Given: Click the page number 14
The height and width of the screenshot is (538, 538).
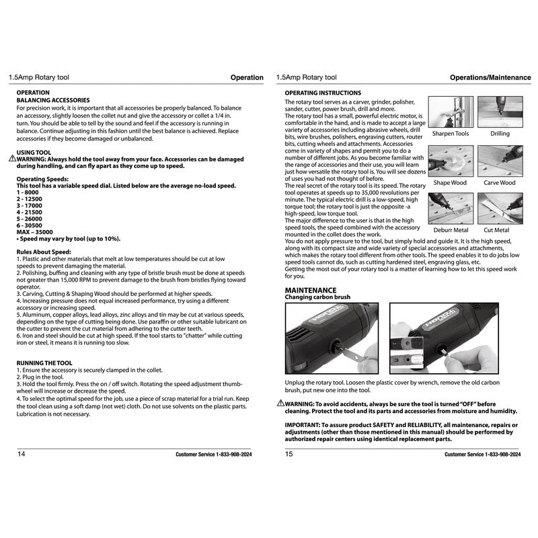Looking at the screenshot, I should (x=22, y=454).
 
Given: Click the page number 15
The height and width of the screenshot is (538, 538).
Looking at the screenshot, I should (x=289, y=454).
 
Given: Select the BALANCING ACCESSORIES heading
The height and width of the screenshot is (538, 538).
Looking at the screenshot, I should (x=53, y=100).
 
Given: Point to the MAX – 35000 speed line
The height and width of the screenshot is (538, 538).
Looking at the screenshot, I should (x=34, y=231).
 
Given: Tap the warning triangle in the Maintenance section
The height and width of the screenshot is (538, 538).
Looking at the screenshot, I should (x=280, y=403).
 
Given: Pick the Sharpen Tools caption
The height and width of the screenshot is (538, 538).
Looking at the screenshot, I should (x=451, y=134).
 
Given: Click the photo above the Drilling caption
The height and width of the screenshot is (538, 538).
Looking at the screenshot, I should (x=500, y=112).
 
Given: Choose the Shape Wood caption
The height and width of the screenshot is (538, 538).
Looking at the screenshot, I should (x=450, y=183).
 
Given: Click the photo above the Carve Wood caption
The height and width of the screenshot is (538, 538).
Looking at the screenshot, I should (x=500, y=161).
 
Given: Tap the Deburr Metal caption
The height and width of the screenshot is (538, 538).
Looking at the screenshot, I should (x=451, y=231).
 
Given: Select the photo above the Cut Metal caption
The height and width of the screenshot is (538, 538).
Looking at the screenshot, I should (x=500, y=209).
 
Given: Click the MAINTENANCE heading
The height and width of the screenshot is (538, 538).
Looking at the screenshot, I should (x=311, y=290).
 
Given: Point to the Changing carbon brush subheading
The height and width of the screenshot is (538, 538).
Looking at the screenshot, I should (x=317, y=297).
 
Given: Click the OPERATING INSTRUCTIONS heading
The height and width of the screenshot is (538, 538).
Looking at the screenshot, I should (x=323, y=93).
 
